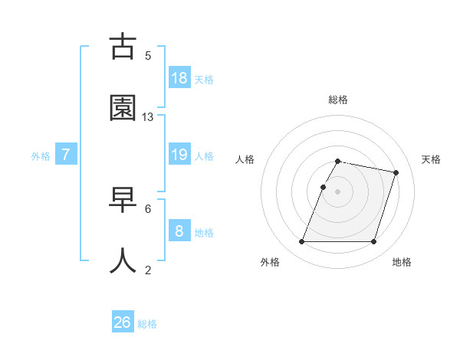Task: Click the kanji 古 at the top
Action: pos(123,47)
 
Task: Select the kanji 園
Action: pos(123,108)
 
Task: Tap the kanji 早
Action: pos(123,200)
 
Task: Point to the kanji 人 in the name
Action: pos(123,260)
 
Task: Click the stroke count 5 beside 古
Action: pos(148,55)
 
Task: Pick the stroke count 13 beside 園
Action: pos(148,116)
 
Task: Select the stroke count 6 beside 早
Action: pos(148,208)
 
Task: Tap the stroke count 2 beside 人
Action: pos(148,269)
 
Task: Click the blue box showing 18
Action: pos(179,78)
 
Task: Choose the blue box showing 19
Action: pos(179,155)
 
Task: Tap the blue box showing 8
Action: pos(179,231)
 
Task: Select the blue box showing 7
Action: pos(66,155)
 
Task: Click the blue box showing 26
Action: pos(123,322)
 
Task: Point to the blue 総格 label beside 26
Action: pos(147,324)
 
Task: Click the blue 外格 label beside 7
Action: pos(41,155)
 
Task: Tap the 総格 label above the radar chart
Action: pos(338,99)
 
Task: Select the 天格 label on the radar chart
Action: pos(431,159)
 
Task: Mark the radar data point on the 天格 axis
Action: pos(396,172)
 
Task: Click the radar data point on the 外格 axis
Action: pos(302,242)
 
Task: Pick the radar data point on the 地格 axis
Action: pos(373,242)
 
